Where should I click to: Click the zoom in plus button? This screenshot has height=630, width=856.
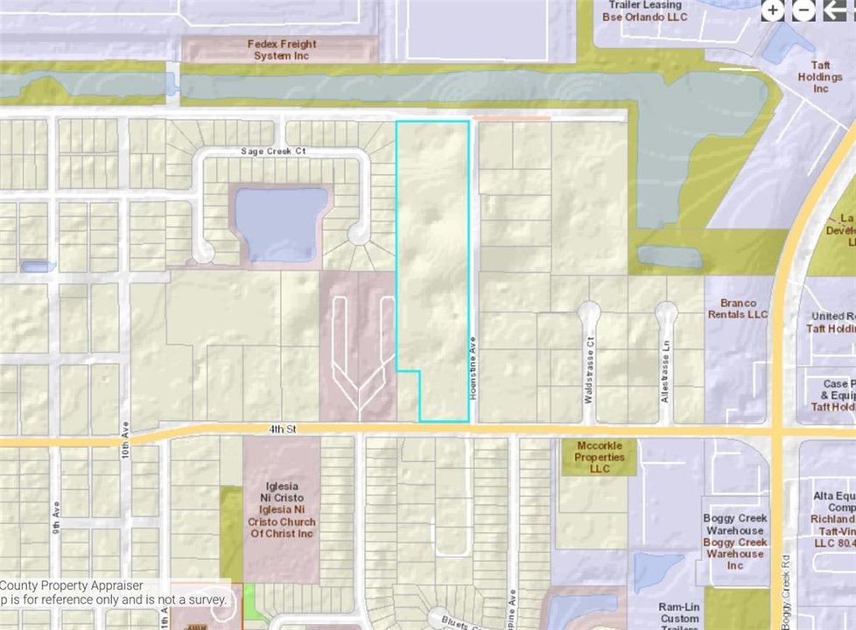[773, 10]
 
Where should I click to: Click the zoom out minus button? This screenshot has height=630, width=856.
[803, 10]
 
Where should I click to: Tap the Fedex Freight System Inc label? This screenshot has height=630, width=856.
[282, 50]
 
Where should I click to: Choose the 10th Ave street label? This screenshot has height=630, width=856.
[125, 457]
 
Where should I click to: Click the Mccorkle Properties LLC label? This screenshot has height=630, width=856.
[600, 457]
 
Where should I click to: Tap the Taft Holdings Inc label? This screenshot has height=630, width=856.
[819, 77]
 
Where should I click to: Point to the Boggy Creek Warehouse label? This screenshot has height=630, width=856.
[735, 542]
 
